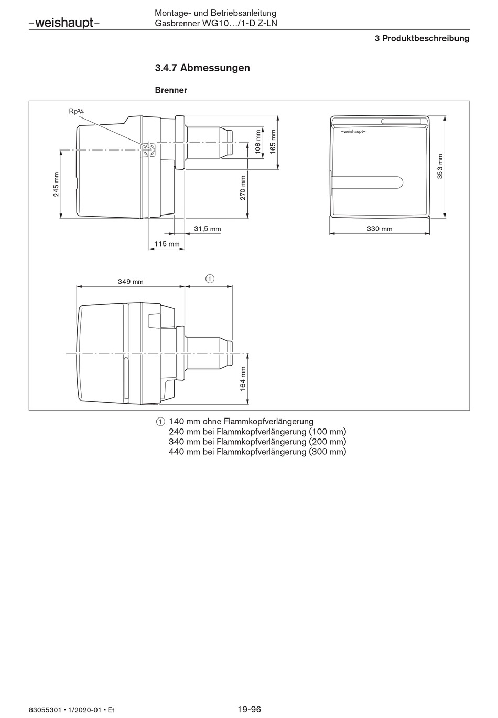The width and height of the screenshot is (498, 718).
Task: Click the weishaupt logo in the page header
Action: pos(64,23)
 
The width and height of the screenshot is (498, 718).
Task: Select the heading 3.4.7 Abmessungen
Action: pos(202,68)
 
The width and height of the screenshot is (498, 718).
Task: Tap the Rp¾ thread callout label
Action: pos(77,111)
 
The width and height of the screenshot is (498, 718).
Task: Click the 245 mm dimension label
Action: pos(56,184)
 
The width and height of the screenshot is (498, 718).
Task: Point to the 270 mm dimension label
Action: pos(243,188)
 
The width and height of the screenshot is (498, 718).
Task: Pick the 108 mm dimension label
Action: pos(258,142)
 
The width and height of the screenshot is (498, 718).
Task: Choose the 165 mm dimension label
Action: pos(273,142)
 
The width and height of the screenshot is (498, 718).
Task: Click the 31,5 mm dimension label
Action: pos(208,229)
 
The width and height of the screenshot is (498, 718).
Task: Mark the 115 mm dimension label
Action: pos(167,243)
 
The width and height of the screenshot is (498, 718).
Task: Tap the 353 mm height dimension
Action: pos(440,167)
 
